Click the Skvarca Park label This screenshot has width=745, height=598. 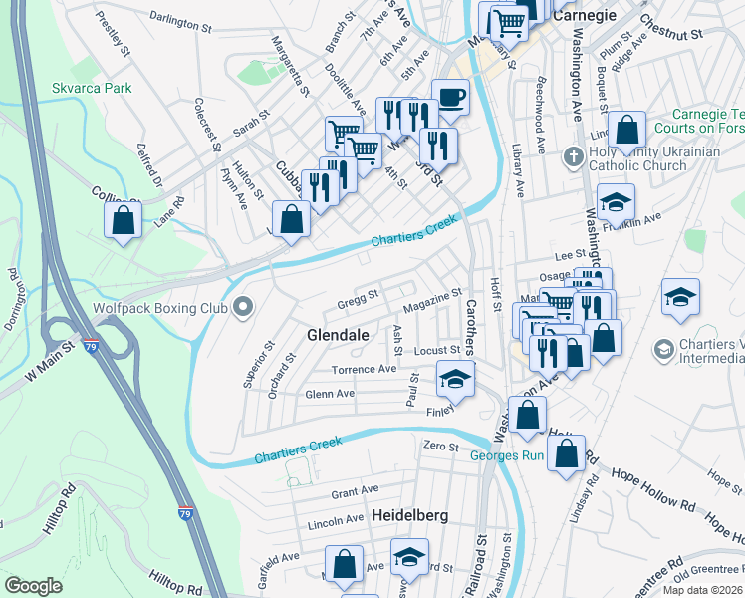[x=92, y=88]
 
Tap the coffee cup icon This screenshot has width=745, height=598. [x=450, y=98]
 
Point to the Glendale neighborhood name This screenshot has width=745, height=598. [x=339, y=335]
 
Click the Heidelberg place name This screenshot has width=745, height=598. [x=409, y=516]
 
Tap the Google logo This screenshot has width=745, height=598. [x=34, y=586]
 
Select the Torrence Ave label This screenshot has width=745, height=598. [x=364, y=369]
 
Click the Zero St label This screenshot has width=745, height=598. [x=438, y=445]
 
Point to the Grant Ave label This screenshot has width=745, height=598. [x=355, y=491]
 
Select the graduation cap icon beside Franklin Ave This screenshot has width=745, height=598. [x=616, y=201]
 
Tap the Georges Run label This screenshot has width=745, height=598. [x=507, y=455]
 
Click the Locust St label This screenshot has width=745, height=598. [x=437, y=351]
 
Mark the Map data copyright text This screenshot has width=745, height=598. [x=701, y=590]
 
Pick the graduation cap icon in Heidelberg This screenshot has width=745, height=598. [x=408, y=557]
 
